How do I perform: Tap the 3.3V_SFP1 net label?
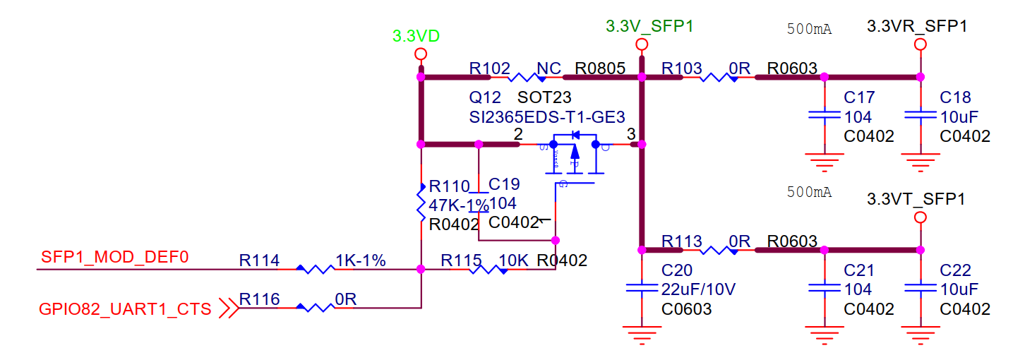[x=649, y=27]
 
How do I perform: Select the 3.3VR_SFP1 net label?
[x=916, y=27]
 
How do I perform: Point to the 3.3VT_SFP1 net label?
[x=916, y=200]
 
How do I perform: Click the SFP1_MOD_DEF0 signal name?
[x=115, y=256]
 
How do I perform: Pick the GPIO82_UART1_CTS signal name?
[x=126, y=308]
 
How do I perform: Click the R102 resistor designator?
[x=489, y=68]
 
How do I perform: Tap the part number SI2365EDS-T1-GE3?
[x=547, y=116]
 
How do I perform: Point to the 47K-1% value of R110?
[x=459, y=205]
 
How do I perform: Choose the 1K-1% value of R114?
[x=361, y=260]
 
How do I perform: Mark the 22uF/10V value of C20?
[x=699, y=289]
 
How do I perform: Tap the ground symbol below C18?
[x=920, y=165]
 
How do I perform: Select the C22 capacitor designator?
[x=956, y=270]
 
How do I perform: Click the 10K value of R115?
[x=513, y=260]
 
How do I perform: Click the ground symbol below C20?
[x=642, y=335]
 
